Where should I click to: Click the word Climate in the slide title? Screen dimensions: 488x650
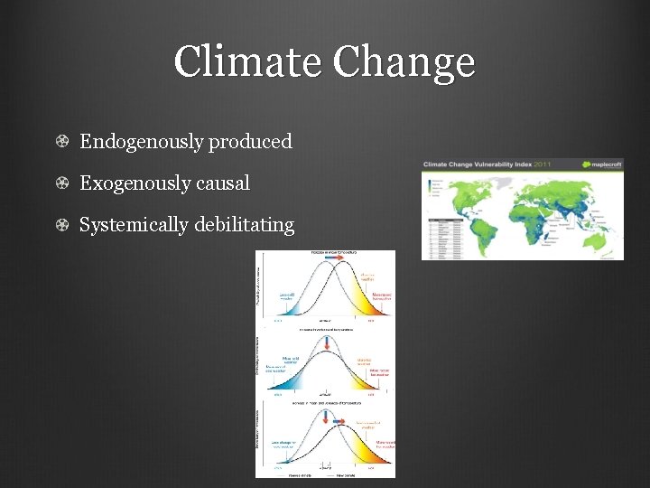248,62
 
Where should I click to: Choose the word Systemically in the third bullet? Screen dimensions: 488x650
134,224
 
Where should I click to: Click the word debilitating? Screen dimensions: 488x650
244,224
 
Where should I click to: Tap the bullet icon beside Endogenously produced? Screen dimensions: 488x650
60,142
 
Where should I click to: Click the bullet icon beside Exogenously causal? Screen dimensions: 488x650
60,183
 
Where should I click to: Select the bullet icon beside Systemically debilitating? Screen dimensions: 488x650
60,224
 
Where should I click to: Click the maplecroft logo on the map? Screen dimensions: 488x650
598,164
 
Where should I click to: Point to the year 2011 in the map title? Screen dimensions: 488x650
545,164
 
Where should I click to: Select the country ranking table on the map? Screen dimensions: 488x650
445,237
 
